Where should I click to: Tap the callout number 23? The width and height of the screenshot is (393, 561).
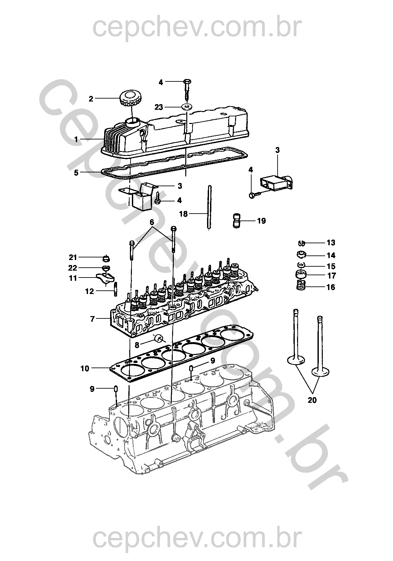[159, 107]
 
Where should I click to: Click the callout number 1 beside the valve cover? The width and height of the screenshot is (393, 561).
[76, 139]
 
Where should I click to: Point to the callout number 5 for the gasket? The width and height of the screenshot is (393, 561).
[76, 173]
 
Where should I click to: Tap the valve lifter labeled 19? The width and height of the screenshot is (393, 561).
[237, 221]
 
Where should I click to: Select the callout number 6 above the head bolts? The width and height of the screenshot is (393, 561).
[152, 222]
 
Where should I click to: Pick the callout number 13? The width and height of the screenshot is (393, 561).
[331, 243]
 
